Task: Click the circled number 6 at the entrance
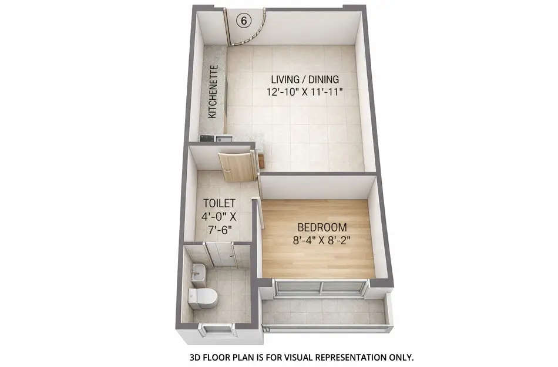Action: point(243,19)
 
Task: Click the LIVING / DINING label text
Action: point(305,79)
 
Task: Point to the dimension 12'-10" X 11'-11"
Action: point(305,92)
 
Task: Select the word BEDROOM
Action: point(322,227)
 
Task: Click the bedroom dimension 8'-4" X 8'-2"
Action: point(322,240)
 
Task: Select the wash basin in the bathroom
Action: point(198,271)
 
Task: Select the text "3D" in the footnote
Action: point(195,357)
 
